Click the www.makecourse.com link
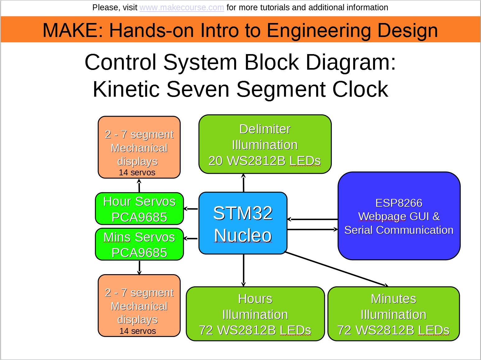coord(182,7)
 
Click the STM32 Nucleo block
coord(243,223)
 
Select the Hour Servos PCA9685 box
coord(139,209)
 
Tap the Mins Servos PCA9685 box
coord(139,244)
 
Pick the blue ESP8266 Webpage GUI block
coord(399,216)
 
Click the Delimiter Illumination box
coord(265,144)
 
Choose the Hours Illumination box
coord(255,314)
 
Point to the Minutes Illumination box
coord(394,314)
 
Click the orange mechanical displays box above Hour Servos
coord(139,147)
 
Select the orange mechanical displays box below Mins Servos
coord(139,306)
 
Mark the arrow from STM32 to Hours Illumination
coord(243,270)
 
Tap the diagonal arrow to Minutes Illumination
coord(336,269)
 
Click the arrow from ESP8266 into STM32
coord(312,219)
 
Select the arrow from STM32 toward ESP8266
coord(312,229)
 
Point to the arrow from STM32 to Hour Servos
coord(191,209)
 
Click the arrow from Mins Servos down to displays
coord(139,267)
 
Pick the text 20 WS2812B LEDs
coord(265,161)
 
